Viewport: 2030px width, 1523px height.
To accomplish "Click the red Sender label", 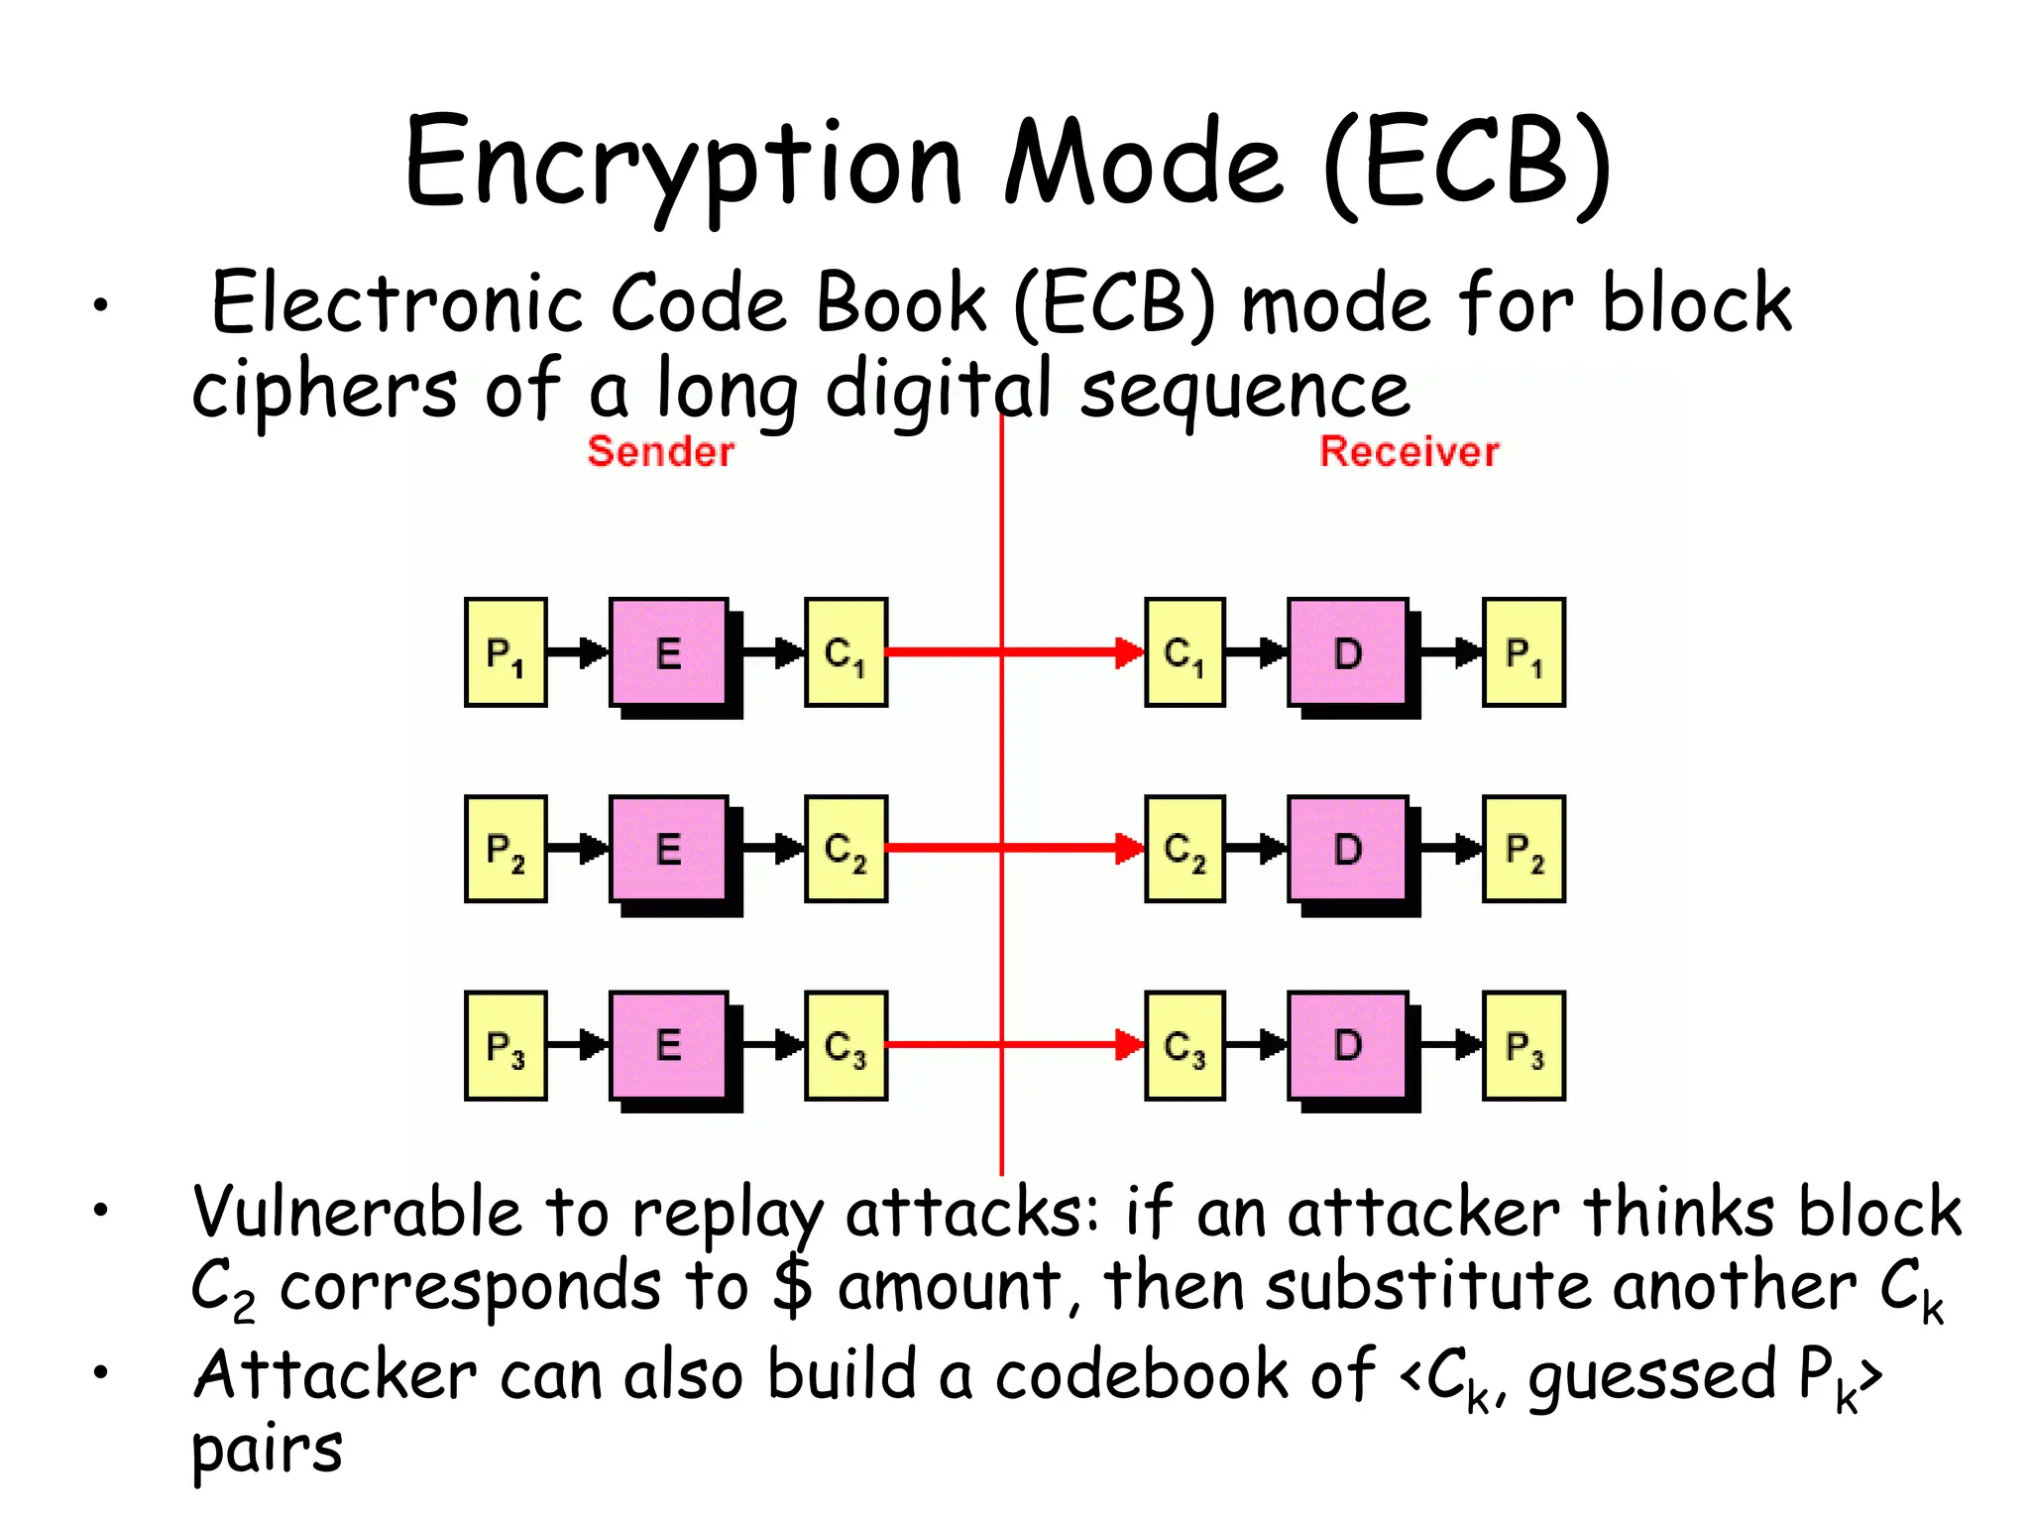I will coord(660,452).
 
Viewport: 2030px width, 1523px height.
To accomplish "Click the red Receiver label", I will coord(1409,452).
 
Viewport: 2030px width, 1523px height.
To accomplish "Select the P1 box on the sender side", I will coord(506,652).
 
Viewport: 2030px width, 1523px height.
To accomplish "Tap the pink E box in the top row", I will coord(669,652).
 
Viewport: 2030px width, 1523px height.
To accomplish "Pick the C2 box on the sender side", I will coord(846,849).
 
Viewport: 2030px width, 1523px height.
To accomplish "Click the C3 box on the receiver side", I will coord(1184,1045).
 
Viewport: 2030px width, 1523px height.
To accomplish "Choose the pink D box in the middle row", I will coord(1347,849).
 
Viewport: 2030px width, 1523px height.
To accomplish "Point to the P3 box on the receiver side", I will coord(1523,1045).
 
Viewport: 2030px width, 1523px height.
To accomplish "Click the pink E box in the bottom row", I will coord(669,1045).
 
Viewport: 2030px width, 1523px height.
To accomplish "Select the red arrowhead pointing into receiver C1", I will coord(1129,652).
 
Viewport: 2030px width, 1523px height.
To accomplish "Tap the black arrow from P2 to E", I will coord(578,849).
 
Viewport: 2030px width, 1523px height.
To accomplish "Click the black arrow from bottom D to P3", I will coord(1451,1045).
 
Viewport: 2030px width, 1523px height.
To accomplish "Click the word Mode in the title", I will coord(1145,164).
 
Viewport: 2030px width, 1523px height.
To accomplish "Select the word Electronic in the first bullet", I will coord(396,302).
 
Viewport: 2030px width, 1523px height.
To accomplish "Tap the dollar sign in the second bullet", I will coord(793,1285).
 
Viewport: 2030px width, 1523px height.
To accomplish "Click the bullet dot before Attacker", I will coord(100,1373).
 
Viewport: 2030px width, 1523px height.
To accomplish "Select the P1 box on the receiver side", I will coord(1523,652).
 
